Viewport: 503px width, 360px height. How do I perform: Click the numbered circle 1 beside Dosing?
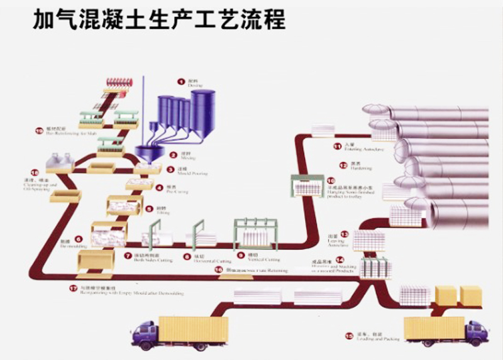coord(180,81)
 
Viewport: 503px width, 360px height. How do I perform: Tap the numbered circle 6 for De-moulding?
coord(79,239)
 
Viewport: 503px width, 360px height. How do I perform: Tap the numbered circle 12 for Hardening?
coord(343,166)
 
